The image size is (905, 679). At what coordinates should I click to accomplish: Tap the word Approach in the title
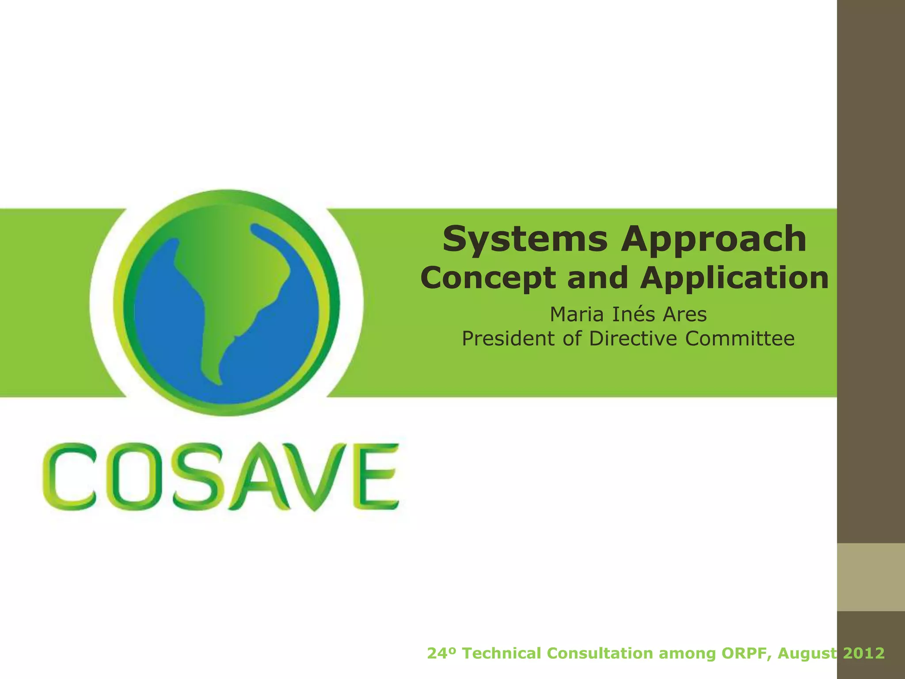coord(713,240)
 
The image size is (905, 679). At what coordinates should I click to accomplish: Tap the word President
coord(509,339)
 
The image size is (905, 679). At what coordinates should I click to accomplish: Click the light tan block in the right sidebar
coord(871,577)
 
